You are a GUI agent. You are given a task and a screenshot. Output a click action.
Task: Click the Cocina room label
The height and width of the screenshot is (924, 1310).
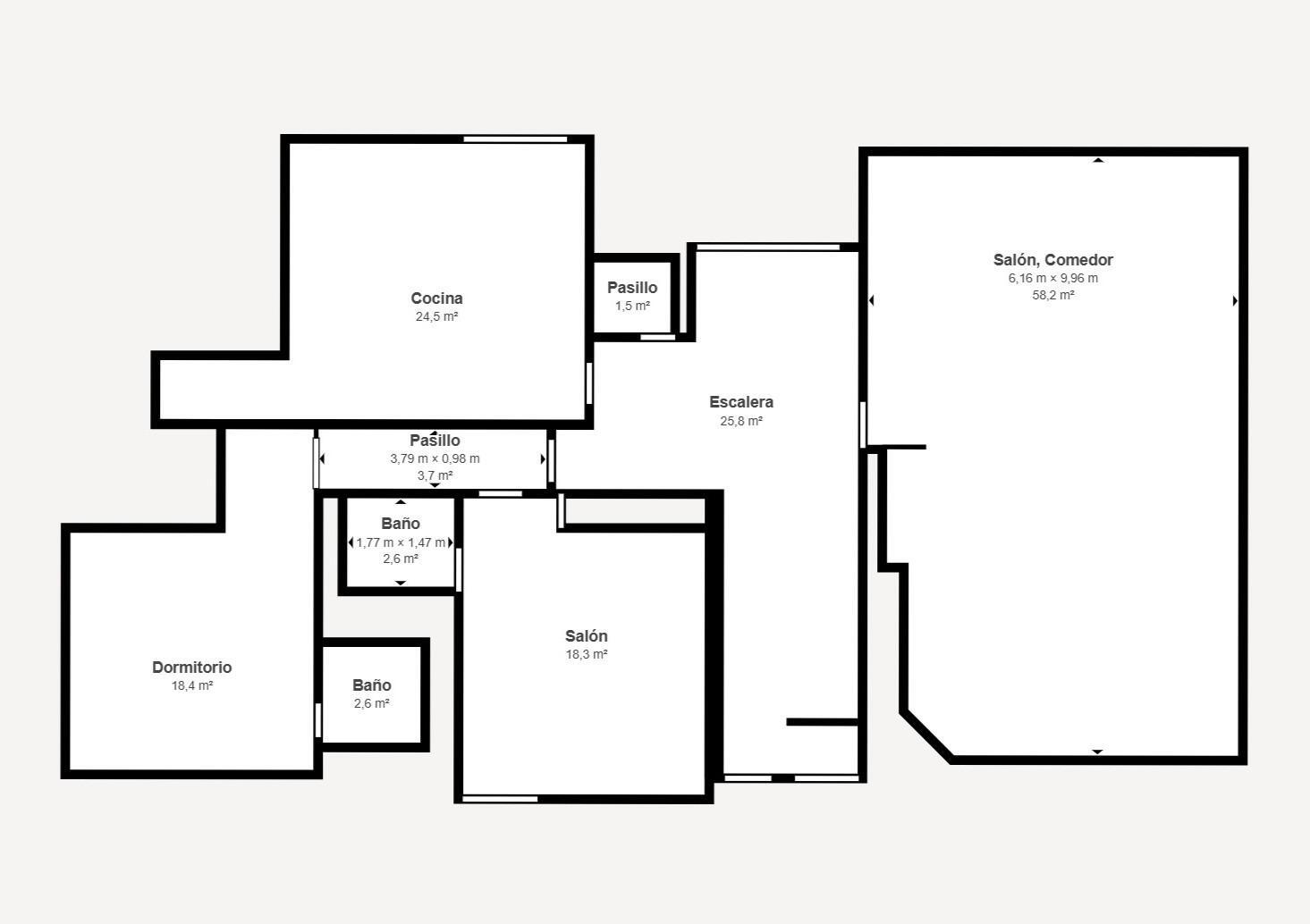[x=436, y=298]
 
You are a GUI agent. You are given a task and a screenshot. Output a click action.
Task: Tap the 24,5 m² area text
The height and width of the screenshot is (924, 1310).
[x=436, y=316]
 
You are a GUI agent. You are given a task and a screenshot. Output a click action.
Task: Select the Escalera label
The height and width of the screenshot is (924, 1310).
[x=741, y=402]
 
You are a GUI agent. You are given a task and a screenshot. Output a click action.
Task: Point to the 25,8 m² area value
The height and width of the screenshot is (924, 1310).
[x=741, y=421]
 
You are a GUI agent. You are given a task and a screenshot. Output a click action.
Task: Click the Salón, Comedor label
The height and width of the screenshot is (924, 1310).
[x=1052, y=260]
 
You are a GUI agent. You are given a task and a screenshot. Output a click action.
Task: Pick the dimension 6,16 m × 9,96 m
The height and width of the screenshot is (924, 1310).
[x=1052, y=278]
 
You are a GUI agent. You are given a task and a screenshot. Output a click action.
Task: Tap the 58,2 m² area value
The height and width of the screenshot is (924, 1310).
[x=1052, y=295]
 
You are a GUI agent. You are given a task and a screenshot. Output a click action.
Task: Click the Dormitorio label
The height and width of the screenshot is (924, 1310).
[x=192, y=668]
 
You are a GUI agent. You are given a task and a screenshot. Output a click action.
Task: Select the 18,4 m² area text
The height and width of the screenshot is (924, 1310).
[x=192, y=685]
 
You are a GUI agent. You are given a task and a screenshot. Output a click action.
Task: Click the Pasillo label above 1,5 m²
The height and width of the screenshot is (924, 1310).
[x=632, y=288]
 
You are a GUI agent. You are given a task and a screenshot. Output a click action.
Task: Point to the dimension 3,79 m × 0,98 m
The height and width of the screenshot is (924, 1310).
[x=435, y=458]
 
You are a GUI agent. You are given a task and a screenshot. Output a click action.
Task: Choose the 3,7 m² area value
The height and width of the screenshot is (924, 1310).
[x=435, y=475]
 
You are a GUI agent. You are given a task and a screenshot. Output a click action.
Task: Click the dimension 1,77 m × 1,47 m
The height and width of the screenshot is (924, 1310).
[x=401, y=543]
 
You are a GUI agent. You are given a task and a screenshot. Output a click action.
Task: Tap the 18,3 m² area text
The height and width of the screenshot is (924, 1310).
[x=586, y=654]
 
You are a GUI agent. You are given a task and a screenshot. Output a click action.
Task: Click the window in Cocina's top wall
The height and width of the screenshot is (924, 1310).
[x=515, y=139]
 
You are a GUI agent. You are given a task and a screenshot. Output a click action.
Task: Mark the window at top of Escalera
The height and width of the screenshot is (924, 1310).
[x=768, y=248]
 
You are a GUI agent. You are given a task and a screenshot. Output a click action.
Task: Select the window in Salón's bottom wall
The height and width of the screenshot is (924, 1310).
[x=500, y=799]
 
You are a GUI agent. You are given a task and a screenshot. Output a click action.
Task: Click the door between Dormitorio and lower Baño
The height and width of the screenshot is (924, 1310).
[x=318, y=720]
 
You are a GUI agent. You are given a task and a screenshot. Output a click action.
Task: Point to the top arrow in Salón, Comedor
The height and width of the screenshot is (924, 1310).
[x=1098, y=160]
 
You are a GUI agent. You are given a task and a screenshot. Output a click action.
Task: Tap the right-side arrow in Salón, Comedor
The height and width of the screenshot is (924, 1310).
[x=1235, y=301]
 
